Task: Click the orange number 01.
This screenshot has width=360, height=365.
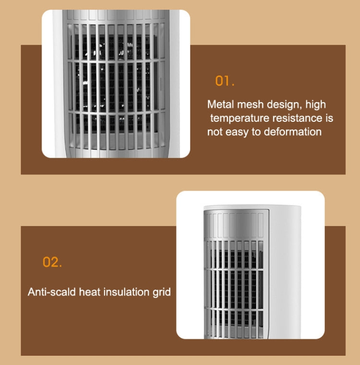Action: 225,81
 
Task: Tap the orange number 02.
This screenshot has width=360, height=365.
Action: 52,262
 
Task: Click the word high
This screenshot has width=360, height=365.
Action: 315,105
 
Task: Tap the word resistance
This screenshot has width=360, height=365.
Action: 297,118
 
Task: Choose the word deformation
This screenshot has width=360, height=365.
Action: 293,132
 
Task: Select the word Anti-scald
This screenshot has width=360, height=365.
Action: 52,292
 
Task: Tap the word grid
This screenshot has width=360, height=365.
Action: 162,292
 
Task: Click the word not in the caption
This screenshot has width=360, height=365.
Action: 215,132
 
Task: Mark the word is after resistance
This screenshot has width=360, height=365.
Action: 329,118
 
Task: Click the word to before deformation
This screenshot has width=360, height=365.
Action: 257,132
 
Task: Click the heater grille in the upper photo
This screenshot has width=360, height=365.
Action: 116,86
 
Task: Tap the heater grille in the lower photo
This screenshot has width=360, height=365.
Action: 235,278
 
